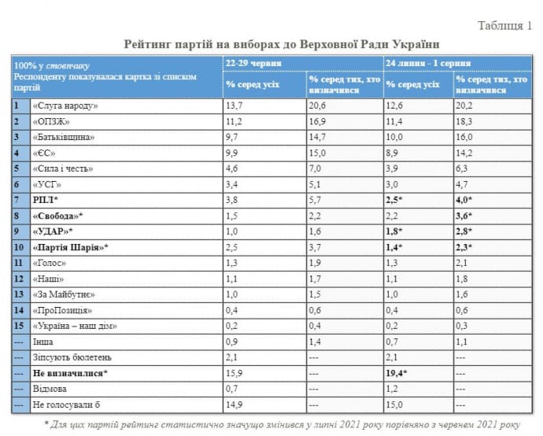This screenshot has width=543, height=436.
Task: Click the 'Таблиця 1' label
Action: click(x=504, y=26)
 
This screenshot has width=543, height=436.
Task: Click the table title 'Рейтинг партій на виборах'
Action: click(x=281, y=44)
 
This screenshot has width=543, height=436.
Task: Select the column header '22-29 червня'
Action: click(x=253, y=62)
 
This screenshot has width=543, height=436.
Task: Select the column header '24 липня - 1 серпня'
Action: click(x=429, y=62)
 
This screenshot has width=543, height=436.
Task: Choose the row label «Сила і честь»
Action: click(x=64, y=168)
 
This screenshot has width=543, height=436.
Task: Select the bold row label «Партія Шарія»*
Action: click(x=69, y=247)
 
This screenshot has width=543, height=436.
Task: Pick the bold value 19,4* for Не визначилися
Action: click(x=397, y=374)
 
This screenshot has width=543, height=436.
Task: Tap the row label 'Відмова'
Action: click(x=49, y=390)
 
